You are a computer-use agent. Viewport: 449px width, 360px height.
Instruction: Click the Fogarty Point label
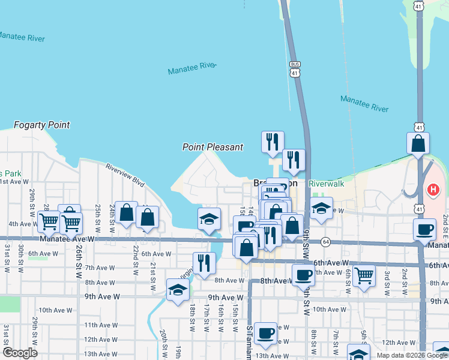pyautogui.click(x=42, y=125)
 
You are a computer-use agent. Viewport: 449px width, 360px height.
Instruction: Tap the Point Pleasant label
pyautogui.click(x=213, y=147)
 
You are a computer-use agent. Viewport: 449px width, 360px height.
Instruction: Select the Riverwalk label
pyautogui.click(x=327, y=184)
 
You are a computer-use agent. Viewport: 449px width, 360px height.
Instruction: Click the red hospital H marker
pyautogui.click(x=433, y=190)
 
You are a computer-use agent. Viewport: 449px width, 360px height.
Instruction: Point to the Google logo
pyautogui.click(x=20, y=353)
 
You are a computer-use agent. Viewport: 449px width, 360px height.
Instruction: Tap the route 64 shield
pyautogui.click(x=325, y=241)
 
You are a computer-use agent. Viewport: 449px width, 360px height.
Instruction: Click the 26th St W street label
pyautogui.click(x=79, y=261)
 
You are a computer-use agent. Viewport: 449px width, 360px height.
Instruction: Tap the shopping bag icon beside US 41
pyautogui.click(x=418, y=144)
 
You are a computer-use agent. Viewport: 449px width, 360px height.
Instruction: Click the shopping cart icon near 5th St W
pyautogui.click(x=364, y=276)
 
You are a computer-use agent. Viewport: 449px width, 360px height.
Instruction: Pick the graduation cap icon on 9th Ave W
pyautogui.click(x=178, y=290)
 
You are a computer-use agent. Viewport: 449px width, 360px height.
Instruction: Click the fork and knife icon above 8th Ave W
pyautogui.click(x=203, y=263)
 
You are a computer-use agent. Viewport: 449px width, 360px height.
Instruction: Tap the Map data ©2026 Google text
pyautogui.click(x=412, y=355)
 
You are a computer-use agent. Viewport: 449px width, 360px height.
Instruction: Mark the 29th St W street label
pyautogui.click(x=32, y=200)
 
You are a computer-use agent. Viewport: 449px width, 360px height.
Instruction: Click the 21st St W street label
pyautogui.click(x=153, y=269)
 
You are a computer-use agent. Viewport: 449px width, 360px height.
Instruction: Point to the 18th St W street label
pyautogui.click(x=193, y=313)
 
